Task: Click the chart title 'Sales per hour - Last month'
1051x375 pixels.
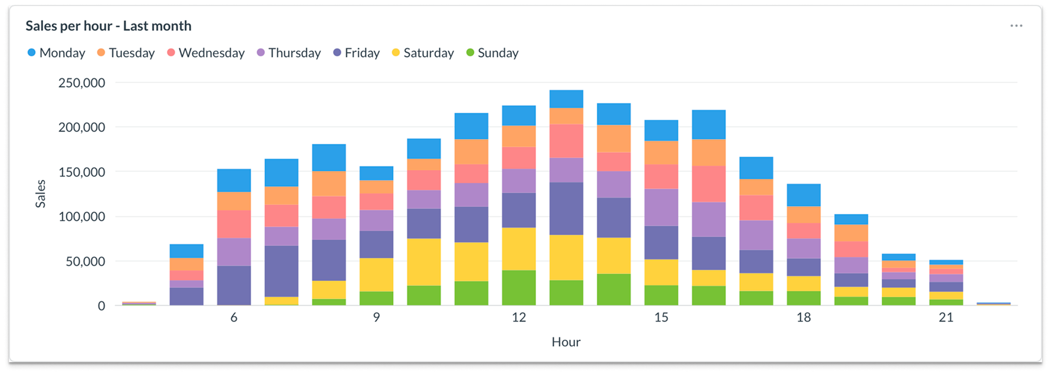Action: click(108, 26)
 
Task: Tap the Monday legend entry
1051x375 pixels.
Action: click(56, 53)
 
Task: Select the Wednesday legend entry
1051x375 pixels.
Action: click(206, 53)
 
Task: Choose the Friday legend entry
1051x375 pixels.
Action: click(356, 53)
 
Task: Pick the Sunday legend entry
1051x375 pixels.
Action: click(492, 53)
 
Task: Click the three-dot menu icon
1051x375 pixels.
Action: click(1016, 26)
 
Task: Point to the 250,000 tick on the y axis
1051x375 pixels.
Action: click(82, 83)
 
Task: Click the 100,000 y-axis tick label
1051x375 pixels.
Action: click(82, 217)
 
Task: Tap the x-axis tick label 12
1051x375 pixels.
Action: click(519, 317)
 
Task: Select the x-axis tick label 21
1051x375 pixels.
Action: click(946, 317)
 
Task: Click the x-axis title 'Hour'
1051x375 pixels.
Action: click(566, 342)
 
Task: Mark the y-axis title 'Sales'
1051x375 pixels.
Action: click(40, 193)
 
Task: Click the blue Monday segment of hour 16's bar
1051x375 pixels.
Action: click(708, 124)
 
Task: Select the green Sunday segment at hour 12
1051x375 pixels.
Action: click(519, 288)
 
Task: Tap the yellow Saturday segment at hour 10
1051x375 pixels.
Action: click(424, 262)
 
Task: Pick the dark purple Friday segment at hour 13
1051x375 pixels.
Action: click(566, 208)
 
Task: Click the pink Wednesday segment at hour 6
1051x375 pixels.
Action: click(234, 224)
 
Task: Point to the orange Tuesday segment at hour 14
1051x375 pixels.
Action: click(614, 138)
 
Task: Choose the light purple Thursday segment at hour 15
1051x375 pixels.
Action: click(661, 207)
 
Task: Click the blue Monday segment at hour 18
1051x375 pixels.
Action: click(804, 195)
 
